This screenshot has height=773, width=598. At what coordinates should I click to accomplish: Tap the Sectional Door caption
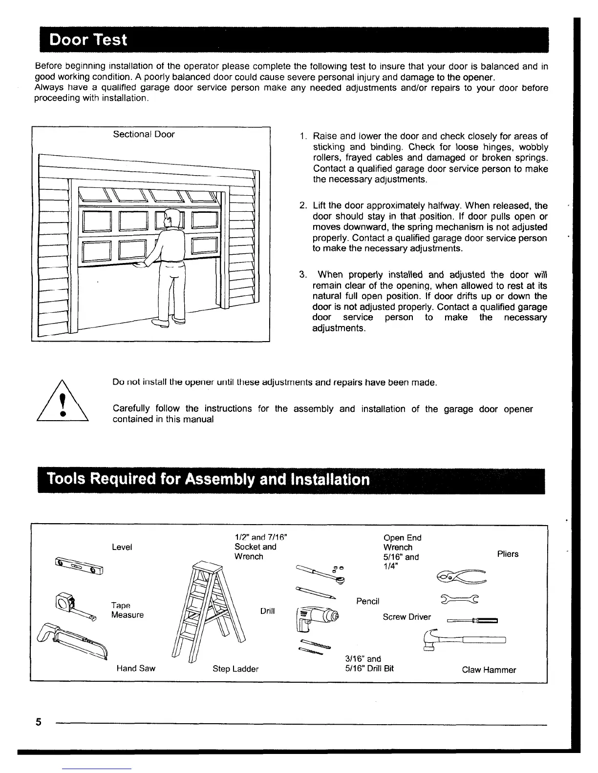coord(144,134)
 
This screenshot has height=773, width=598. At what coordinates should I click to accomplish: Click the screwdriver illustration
coord(472,621)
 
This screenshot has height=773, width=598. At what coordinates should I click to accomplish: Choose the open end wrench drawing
coord(459,599)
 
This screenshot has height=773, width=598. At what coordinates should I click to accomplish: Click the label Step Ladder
coord(235,669)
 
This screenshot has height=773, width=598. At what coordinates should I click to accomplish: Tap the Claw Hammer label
coord(489,670)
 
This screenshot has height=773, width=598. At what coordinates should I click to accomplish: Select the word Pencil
coord(367,601)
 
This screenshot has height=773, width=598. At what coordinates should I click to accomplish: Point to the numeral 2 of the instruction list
coord(302,206)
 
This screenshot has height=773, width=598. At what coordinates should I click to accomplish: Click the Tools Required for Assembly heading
coord(208,480)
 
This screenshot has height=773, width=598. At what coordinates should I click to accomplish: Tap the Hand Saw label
coord(136,669)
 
